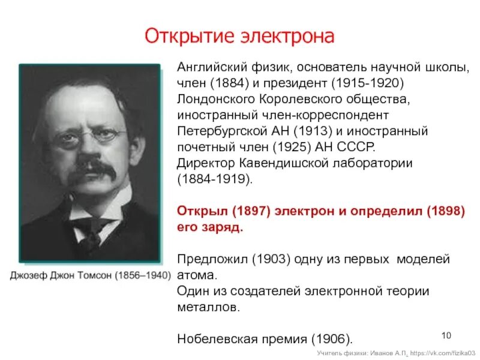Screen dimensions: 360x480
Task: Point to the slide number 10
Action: click(x=446, y=334)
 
